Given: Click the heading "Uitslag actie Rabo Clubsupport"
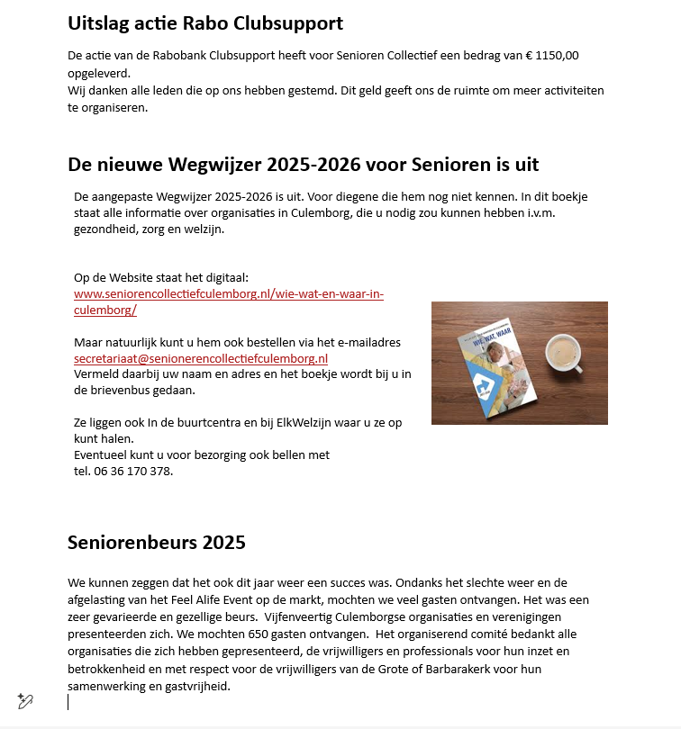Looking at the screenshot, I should point(205,23).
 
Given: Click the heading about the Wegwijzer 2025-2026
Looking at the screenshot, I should point(304,165).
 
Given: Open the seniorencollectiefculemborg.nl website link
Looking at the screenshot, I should point(228,295).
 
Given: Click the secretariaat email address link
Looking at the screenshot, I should point(200,358).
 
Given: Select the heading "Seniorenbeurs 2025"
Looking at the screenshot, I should point(157,543).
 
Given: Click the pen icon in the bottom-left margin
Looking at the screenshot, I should point(25,700).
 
